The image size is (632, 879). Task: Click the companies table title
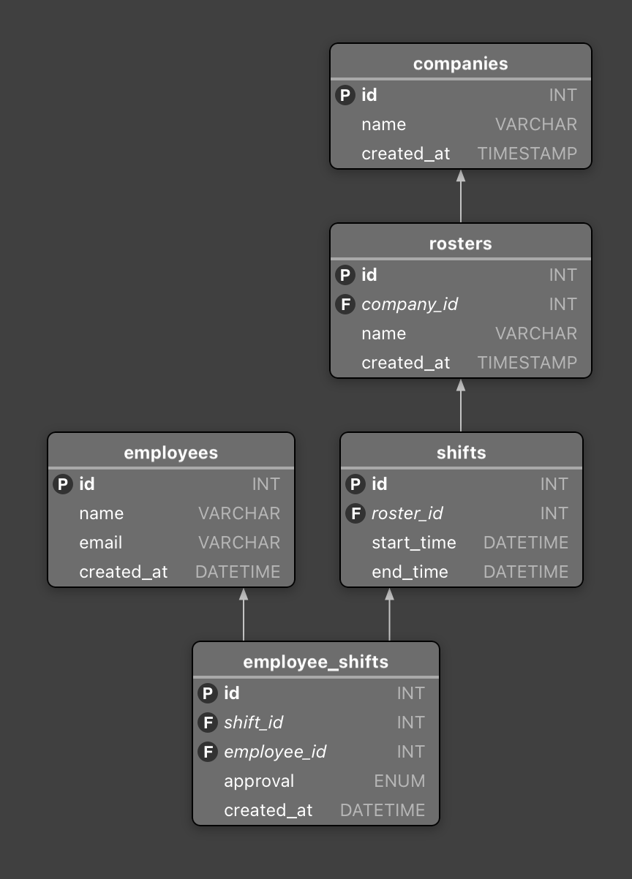point(460,64)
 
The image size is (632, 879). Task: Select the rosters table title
point(460,244)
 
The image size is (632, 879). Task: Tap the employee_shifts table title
point(315,662)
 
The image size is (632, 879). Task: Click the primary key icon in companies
point(345,95)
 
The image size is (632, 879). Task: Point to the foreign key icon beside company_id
point(345,304)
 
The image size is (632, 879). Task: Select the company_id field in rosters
point(410,304)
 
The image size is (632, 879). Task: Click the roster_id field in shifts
point(407,513)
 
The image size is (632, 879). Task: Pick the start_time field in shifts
point(413,543)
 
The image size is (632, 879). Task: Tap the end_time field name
point(410,572)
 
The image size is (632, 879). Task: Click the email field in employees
point(101,543)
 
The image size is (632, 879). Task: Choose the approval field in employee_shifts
point(259,781)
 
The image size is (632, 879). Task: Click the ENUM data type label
point(399,781)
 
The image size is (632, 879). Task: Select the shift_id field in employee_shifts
point(253,723)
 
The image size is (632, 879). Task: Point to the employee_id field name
point(275,752)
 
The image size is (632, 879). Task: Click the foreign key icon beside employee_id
point(208,752)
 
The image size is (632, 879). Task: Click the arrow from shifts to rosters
point(461,405)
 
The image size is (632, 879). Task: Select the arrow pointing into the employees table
point(244,614)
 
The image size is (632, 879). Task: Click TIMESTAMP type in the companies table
point(527,154)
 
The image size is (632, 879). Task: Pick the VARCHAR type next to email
point(238,543)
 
